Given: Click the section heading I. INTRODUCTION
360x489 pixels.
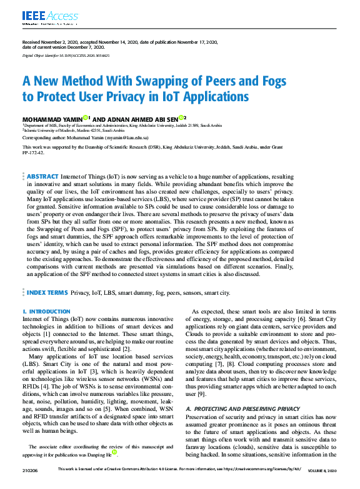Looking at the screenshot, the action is pos(46,312).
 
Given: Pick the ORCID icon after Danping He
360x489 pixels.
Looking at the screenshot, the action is pos(114,455).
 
